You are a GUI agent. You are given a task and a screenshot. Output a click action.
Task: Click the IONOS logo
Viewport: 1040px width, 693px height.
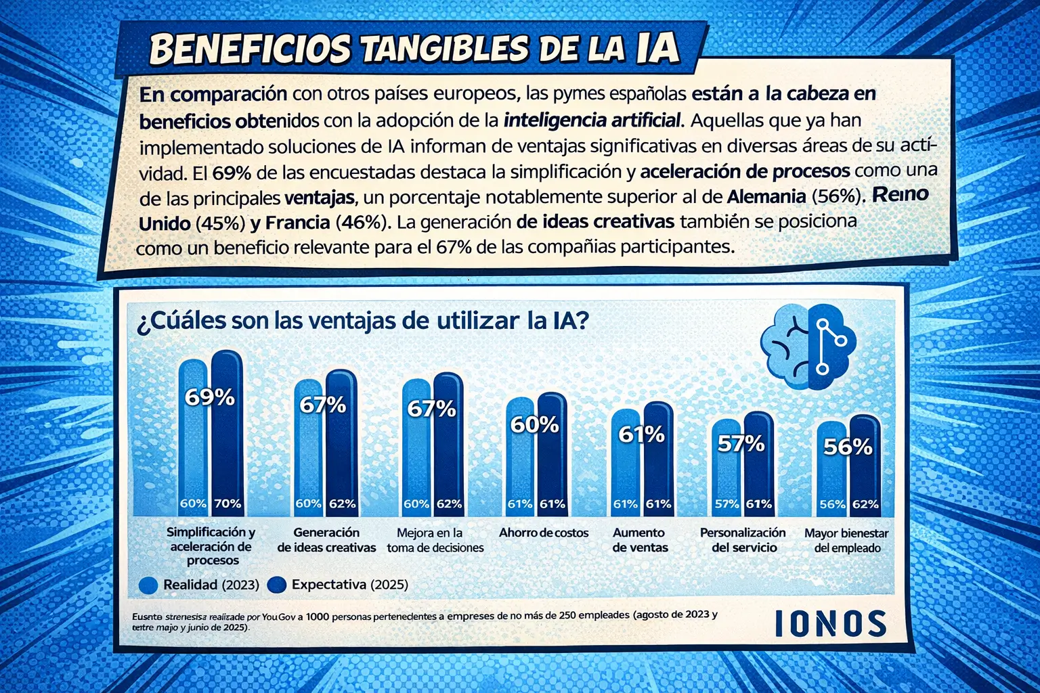pyautogui.click(x=830, y=623)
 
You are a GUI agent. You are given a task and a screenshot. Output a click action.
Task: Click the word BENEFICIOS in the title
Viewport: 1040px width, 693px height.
pyautogui.click(x=250, y=49)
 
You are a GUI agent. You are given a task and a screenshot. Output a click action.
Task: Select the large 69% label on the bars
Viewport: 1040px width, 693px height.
pyautogui.click(x=210, y=397)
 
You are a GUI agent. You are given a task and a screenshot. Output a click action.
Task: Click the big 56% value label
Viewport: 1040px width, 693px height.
pyautogui.click(x=848, y=447)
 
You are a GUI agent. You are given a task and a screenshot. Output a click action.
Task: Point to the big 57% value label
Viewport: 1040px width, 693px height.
pyautogui.click(x=741, y=444)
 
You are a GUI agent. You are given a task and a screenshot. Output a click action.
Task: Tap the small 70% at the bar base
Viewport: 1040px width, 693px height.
pyautogui.click(x=227, y=504)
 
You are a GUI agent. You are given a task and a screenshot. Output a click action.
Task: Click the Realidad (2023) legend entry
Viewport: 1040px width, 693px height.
pyautogui.click(x=199, y=585)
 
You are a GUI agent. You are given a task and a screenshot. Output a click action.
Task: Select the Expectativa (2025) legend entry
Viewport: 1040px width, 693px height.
pyautogui.click(x=339, y=585)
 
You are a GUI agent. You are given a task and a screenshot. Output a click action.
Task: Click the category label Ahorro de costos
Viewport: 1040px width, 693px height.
pyautogui.click(x=544, y=533)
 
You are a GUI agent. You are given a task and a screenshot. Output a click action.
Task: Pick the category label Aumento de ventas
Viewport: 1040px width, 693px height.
pyautogui.click(x=640, y=540)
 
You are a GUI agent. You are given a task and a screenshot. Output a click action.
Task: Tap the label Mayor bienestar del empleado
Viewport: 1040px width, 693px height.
pyautogui.click(x=846, y=541)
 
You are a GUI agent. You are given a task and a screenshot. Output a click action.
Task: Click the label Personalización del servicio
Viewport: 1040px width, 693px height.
pyautogui.click(x=743, y=540)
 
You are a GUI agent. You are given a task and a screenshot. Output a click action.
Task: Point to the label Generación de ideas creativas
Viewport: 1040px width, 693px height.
pyautogui.click(x=326, y=540)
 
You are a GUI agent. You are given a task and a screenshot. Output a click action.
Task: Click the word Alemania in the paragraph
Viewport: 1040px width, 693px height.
pyautogui.click(x=766, y=197)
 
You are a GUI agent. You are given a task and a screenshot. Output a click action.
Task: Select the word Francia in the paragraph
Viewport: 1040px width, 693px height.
pyautogui.click(x=297, y=223)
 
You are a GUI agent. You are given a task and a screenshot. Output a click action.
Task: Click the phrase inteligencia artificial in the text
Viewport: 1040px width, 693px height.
pyautogui.click(x=592, y=120)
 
